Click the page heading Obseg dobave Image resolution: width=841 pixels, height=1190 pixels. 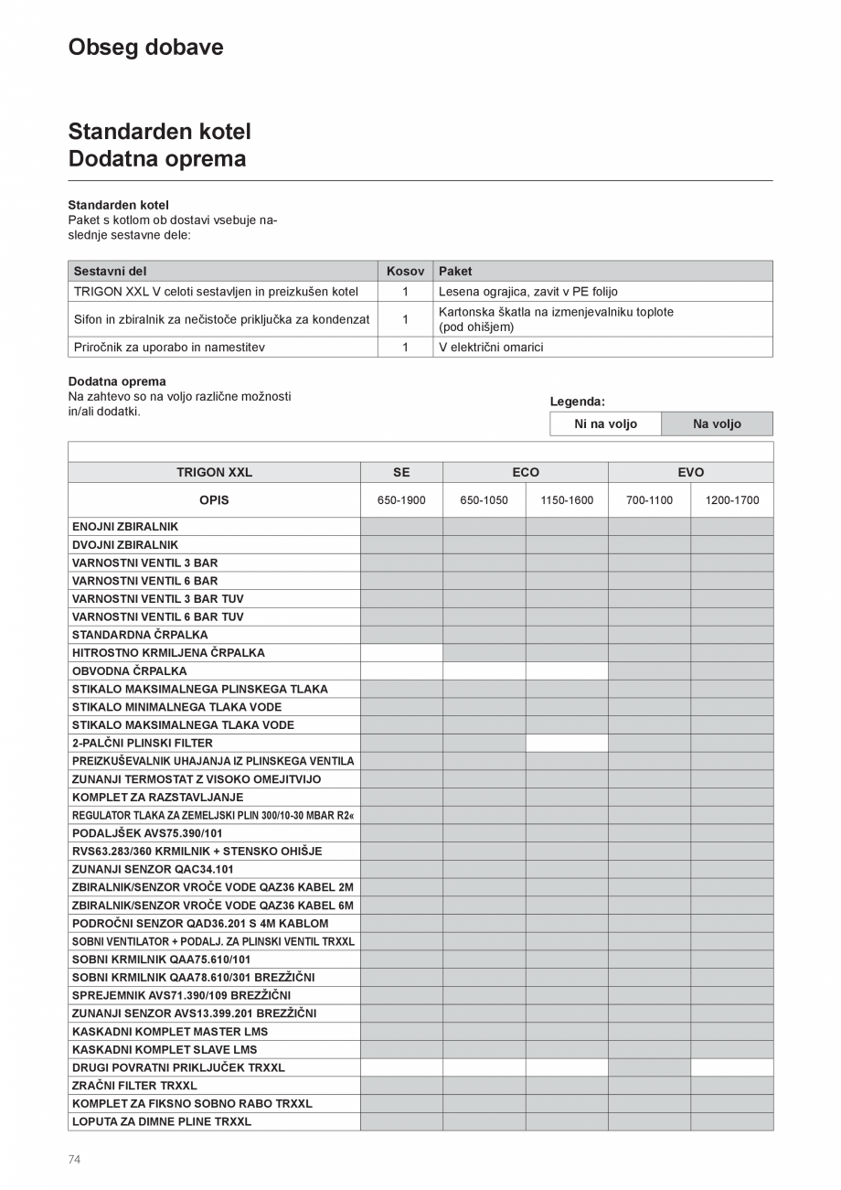coord(145,48)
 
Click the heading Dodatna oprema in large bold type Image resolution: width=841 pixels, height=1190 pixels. coord(156,159)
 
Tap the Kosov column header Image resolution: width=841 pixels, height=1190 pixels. coord(405,272)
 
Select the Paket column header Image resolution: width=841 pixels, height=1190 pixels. coord(455,272)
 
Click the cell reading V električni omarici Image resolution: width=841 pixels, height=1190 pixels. coord(491,348)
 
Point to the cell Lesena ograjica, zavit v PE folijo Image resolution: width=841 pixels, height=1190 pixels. coord(527,292)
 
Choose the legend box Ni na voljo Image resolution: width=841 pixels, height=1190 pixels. coord(605,424)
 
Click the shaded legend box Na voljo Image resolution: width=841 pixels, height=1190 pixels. coord(717,424)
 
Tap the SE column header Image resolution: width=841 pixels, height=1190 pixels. coord(401,473)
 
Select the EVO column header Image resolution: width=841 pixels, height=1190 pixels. coord(690,473)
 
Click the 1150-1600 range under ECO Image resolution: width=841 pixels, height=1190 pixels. coord(567,501)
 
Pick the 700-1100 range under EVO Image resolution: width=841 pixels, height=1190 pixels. coord(649,501)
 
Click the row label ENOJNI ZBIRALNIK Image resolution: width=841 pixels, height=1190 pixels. coord(125,527)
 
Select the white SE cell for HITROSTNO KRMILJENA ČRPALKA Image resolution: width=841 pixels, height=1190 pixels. coord(401,653)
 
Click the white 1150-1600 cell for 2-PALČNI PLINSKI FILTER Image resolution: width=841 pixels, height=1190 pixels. coord(567,744)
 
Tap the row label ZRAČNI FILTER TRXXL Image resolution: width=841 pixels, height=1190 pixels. coord(134,1086)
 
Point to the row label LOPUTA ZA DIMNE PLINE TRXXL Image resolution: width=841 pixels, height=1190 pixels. coord(162,1121)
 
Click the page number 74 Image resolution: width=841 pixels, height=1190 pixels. coord(74,1160)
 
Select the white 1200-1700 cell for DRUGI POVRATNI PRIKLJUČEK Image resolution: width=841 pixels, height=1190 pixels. coord(731,1067)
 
